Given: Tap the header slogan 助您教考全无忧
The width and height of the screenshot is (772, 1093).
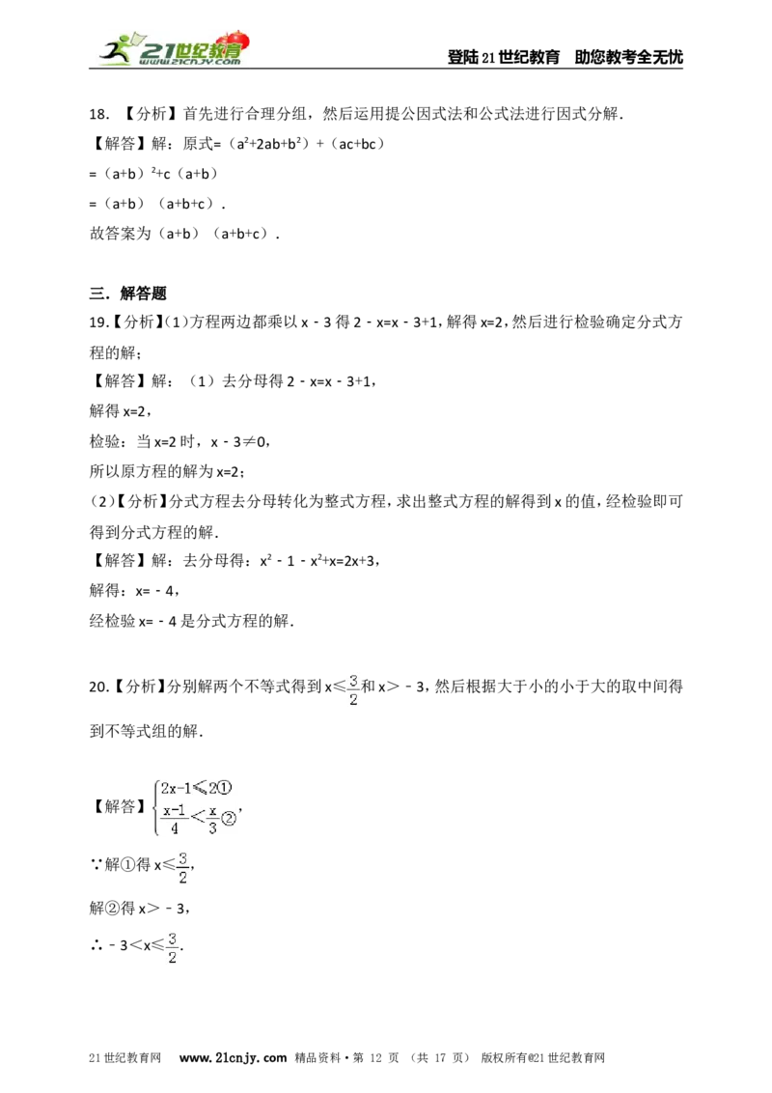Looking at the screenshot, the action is pos(628,57).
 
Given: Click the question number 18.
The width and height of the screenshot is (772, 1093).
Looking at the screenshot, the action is pos(99,114).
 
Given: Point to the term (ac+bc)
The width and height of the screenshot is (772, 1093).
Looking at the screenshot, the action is pos(357,144).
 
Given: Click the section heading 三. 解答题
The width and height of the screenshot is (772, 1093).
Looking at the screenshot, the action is pos(128,293).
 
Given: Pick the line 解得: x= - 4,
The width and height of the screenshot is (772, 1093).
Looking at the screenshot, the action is pos(134,590).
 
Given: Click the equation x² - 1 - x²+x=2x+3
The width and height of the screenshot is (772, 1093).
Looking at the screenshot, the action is pos(317,560).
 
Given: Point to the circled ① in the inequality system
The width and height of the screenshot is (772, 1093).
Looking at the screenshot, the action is pos(224,789).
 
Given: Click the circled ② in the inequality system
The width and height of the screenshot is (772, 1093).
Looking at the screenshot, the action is pos(229,819).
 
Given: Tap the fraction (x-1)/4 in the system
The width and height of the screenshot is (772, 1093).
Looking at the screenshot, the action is pos(175,819).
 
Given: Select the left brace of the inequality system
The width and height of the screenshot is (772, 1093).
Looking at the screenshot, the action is pos(154,807).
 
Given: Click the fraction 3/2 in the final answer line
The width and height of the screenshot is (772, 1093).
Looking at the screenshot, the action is pos(172,947).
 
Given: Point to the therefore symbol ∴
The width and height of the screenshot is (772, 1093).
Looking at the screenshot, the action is pos(96,946).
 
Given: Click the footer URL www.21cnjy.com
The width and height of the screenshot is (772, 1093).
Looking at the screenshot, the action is pos(233,1057).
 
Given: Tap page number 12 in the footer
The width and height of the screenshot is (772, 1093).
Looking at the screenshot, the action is pos(375,1057).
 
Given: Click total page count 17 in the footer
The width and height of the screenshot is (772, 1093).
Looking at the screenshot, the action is pos(440,1057).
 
